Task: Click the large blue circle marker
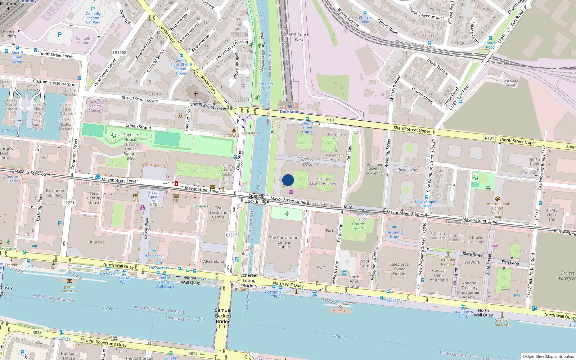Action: (288, 180)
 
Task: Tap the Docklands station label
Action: (290, 112)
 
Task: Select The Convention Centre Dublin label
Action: (284, 242)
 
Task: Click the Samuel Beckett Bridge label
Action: (223, 316)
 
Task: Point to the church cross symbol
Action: (196, 94)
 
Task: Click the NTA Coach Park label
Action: (299, 37)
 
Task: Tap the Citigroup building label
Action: (96, 242)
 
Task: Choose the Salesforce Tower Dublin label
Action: (399, 269)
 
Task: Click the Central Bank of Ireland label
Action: (438, 275)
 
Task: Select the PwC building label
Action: (321, 268)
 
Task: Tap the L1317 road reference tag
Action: (231, 235)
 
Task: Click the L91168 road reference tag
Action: (120, 53)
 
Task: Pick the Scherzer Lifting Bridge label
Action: (249, 280)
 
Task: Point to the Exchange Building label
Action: (55, 193)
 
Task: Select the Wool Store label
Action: (364, 264)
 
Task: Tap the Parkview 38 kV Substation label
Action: (323, 181)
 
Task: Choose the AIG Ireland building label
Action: (213, 262)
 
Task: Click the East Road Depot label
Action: (510, 83)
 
